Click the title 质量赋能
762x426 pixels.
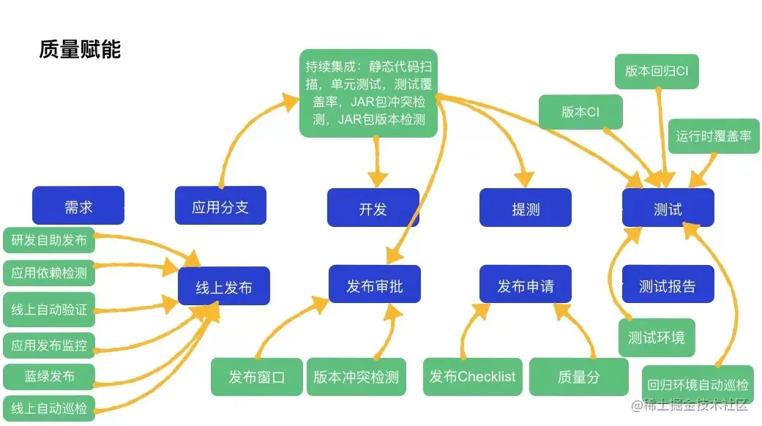tap(80, 49)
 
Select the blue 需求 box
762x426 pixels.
tap(78, 206)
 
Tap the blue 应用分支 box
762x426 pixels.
tap(220, 206)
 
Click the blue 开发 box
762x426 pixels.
tap(373, 207)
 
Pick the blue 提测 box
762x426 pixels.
tap(526, 207)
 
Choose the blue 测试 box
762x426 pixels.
tap(668, 207)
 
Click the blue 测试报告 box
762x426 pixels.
tap(668, 284)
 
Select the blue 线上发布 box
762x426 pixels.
tap(224, 286)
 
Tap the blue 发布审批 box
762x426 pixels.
tap(375, 284)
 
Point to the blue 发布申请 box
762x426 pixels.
tap(526, 284)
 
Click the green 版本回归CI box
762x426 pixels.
tap(657, 72)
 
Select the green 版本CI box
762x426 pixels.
tap(580, 112)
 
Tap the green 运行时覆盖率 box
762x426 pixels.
tap(714, 136)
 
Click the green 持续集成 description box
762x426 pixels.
tap(368, 93)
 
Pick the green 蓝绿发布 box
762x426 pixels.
tap(49, 376)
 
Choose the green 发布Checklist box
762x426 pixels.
tap(473, 377)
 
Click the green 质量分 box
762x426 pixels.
tap(579, 377)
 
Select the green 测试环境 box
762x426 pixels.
tap(657, 337)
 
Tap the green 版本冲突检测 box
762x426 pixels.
tap(356, 377)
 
